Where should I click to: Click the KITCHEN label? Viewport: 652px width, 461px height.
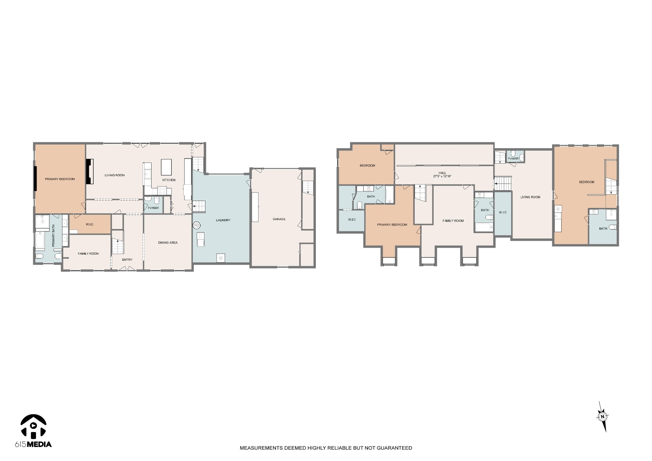[169, 180]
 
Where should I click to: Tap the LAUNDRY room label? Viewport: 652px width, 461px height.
[223, 220]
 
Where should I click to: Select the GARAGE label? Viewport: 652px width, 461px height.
[279, 219]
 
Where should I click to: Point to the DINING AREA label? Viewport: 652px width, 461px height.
[168, 243]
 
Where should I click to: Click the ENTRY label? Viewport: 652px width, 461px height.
[127, 259]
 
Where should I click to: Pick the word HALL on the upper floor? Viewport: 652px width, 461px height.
[442, 173]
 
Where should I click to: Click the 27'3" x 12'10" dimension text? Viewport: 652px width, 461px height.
[442, 176]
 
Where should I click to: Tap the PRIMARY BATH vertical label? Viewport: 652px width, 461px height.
[53, 236]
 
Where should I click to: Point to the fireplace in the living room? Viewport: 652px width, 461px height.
[90, 171]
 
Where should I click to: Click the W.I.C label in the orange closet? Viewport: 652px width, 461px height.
[89, 224]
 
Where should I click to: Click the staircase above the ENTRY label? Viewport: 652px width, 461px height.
[117, 243]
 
